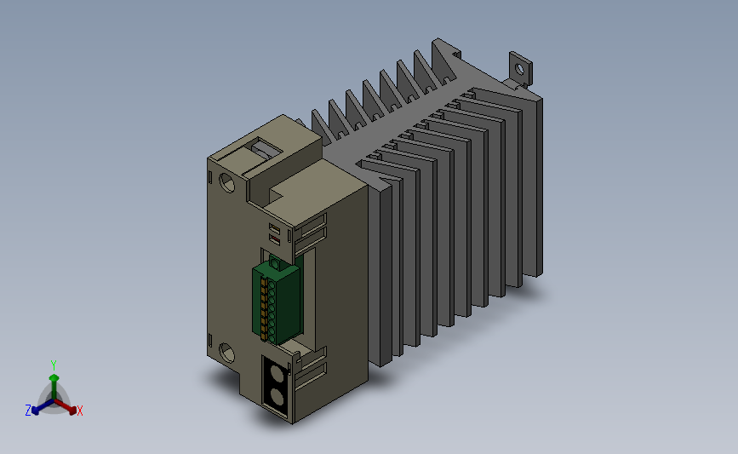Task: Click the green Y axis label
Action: (54, 365)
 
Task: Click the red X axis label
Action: (79, 411)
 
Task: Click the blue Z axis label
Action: (28, 411)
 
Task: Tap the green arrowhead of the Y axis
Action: (54, 378)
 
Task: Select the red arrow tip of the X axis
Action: (72, 410)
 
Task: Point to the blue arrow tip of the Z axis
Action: (36, 410)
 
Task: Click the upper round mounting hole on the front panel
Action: (227, 182)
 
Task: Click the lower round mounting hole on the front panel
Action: (227, 353)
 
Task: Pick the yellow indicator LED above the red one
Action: (275, 229)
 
